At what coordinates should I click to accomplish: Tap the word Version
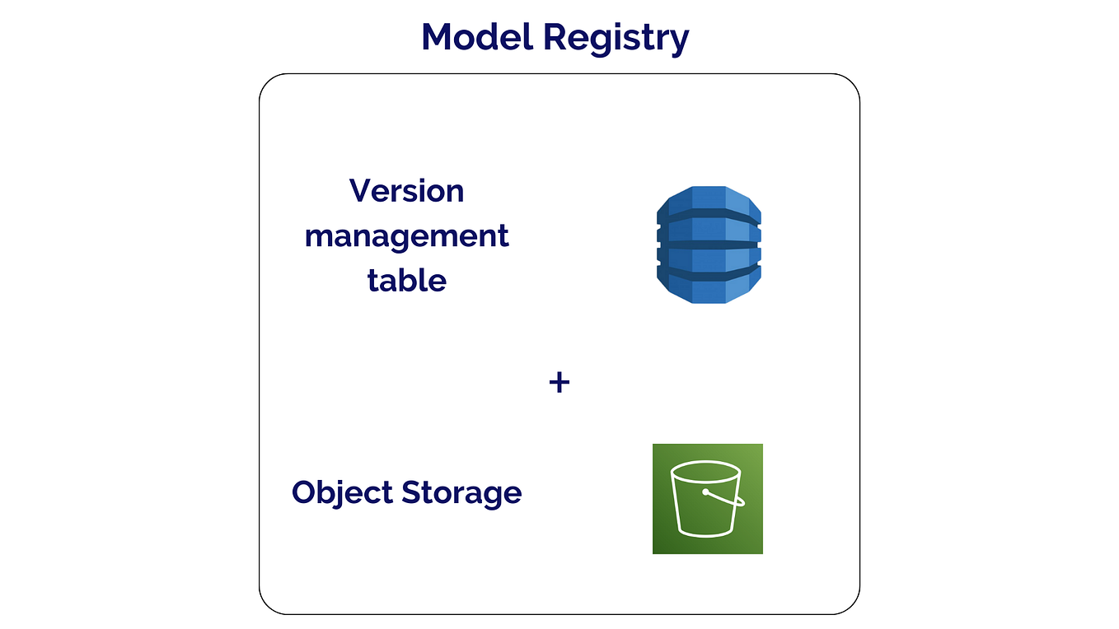(x=406, y=191)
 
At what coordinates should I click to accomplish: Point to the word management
(x=406, y=237)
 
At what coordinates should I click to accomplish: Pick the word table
(x=406, y=280)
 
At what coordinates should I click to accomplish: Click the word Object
(x=342, y=493)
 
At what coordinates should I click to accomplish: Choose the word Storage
(x=461, y=493)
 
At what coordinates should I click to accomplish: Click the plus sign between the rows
(x=559, y=382)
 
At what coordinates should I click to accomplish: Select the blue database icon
(x=709, y=245)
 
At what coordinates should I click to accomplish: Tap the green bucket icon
(x=707, y=499)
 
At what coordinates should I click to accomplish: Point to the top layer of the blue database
(x=709, y=200)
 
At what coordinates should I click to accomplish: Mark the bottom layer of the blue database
(x=709, y=288)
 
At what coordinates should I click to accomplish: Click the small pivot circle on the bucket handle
(x=706, y=493)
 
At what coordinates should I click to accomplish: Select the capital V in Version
(x=359, y=191)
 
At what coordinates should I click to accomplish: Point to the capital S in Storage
(x=412, y=493)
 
